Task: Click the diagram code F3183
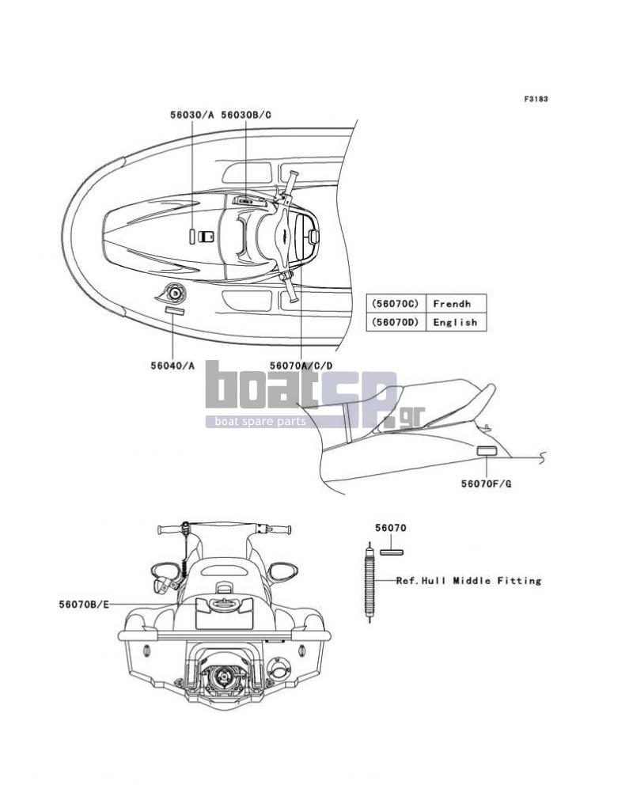click(536, 99)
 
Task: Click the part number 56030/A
click(191, 115)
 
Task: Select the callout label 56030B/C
click(245, 115)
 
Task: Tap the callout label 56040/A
click(172, 366)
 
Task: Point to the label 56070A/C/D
click(301, 366)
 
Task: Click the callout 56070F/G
click(487, 484)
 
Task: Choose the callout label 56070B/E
click(84, 605)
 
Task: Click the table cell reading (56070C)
click(396, 304)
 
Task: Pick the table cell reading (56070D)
click(396, 322)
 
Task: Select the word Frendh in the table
click(453, 304)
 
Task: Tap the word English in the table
click(456, 322)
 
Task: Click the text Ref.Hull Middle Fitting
click(468, 581)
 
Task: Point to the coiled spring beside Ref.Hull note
click(370, 582)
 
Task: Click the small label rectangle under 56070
click(392, 552)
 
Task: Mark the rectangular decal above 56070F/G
click(487, 450)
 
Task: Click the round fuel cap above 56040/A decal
click(174, 292)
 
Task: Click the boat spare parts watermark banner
click(260, 422)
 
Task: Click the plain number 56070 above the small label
click(391, 528)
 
